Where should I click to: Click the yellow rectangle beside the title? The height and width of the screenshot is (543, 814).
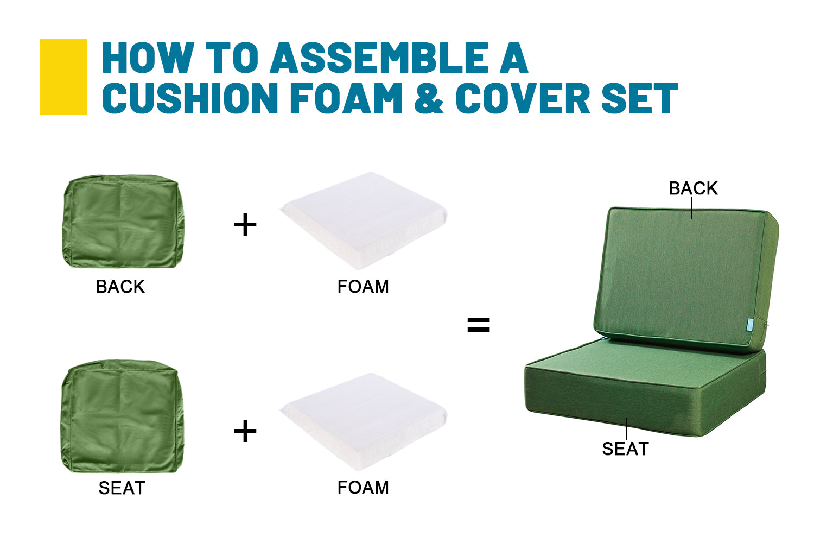pyautogui.click(x=63, y=77)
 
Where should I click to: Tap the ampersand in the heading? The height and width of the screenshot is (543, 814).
pyautogui.click(x=429, y=98)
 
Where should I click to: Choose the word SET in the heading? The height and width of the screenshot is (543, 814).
pyautogui.click(x=640, y=98)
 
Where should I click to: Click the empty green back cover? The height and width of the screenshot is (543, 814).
pyautogui.click(x=123, y=221)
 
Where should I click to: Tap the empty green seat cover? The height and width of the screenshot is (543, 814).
pyautogui.click(x=123, y=416)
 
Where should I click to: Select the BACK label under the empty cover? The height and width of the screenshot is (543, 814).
pyautogui.click(x=120, y=287)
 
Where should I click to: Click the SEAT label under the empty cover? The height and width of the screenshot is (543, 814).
pyautogui.click(x=122, y=488)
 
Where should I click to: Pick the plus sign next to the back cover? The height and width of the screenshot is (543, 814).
pyautogui.click(x=245, y=224)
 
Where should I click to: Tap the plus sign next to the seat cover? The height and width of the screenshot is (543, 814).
pyautogui.click(x=245, y=431)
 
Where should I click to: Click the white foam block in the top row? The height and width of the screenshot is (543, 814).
pyautogui.click(x=364, y=221)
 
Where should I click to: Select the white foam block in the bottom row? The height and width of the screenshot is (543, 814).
pyautogui.click(x=364, y=421)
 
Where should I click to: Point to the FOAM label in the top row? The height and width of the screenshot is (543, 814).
pyautogui.click(x=363, y=287)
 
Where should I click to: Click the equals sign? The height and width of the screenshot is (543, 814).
pyautogui.click(x=479, y=325)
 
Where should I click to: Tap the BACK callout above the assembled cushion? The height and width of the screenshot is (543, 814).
pyautogui.click(x=694, y=188)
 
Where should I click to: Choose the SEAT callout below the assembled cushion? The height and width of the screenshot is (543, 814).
pyautogui.click(x=625, y=449)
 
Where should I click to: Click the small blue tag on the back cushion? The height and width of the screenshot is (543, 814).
pyautogui.click(x=749, y=325)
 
